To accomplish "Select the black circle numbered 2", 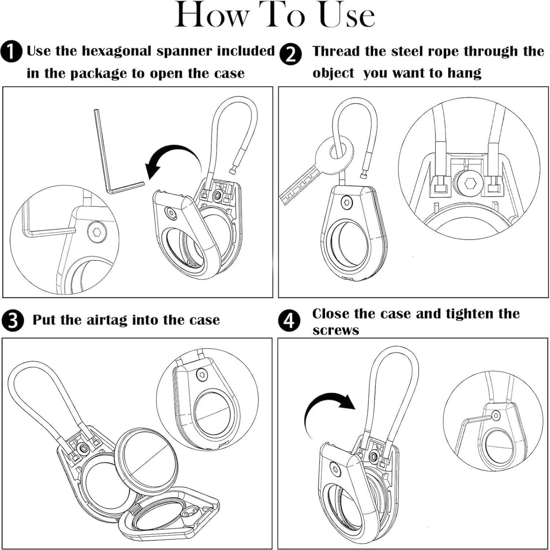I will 290,55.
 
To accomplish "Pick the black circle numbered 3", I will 12,320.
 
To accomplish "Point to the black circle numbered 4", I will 289,321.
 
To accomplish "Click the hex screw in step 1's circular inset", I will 97,232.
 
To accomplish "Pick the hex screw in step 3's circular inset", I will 201,374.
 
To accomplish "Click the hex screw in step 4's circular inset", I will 496,415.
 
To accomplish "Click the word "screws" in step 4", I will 335,331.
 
